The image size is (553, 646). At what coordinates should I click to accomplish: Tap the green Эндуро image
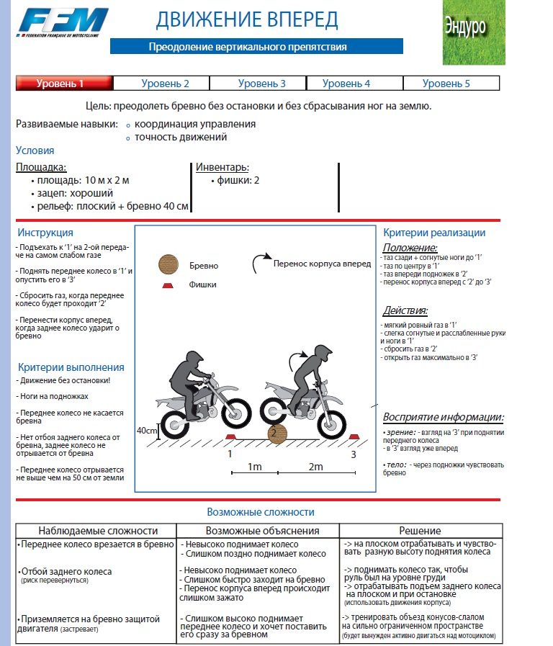point(474,32)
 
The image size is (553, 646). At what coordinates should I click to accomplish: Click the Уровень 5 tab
point(446,84)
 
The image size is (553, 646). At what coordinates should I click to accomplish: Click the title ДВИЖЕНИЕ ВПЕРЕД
point(247,19)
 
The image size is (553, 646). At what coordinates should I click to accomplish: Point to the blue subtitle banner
point(248,47)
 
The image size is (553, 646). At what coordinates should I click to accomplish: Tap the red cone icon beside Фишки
point(168,284)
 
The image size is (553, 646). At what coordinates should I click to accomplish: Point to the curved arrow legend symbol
point(260,263)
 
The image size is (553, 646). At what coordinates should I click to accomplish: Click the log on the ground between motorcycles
point(276,433)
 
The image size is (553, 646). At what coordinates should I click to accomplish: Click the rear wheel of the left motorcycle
point(174,424)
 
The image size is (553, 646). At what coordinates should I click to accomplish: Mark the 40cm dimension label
point(147,430)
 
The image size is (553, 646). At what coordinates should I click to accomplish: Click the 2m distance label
point(315,467)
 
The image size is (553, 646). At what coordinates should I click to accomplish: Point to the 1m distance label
point(254,467)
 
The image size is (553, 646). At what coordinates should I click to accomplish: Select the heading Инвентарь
point(222,167)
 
